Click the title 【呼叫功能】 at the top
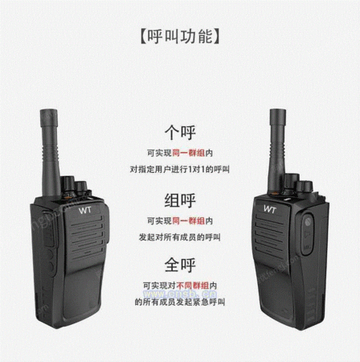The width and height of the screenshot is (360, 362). [x=180, y=36]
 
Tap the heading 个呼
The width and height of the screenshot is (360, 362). [x=179, y=132]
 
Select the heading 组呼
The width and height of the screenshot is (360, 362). [x=179, y=200]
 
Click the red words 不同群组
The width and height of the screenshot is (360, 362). [x=189, y=286]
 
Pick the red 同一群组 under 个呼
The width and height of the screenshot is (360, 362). [x=189, y=152]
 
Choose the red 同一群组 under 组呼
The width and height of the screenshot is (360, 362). [x=189, y=220]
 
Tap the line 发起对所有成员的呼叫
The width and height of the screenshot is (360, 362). [x=179, y=237]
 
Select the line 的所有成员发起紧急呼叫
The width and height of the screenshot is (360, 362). [x=179, y=302]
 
